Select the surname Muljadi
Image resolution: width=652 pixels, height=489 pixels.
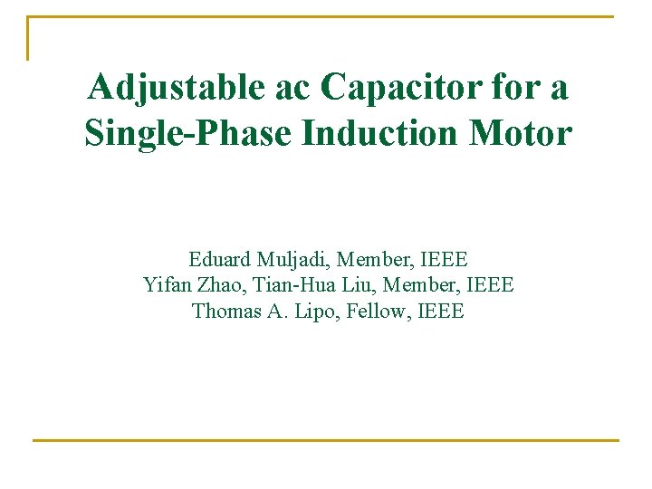(292, 261)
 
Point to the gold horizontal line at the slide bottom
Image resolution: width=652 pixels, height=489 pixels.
(326, 440)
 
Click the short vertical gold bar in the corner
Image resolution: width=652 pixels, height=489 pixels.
(28, 38)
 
